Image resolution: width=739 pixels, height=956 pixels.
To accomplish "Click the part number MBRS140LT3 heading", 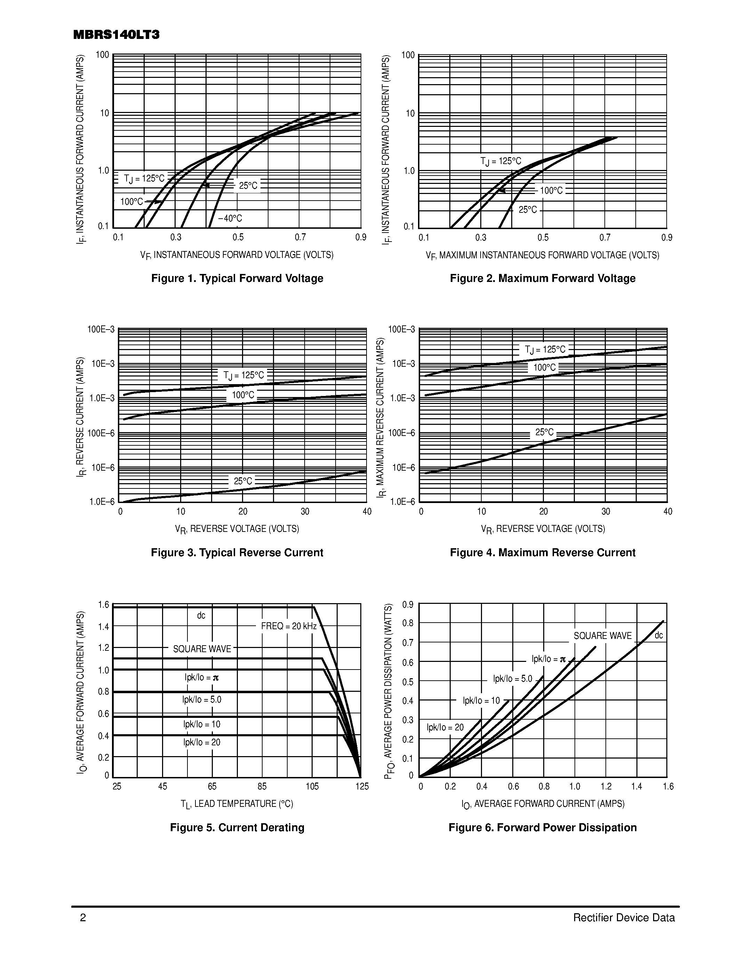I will pos(116,35).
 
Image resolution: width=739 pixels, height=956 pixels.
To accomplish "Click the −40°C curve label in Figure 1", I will pos(230,218).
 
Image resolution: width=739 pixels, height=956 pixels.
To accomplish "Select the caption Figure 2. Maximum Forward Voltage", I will pos(543,278).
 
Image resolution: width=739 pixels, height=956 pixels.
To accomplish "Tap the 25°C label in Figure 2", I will pos(528,210).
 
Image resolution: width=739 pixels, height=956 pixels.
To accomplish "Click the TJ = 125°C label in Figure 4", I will pos(545,349).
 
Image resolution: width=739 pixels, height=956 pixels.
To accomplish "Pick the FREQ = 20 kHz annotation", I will pos(289,626).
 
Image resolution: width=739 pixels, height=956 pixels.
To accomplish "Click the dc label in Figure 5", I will pos(201,615).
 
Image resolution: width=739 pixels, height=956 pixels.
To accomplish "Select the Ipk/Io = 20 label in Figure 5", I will pos(202,742).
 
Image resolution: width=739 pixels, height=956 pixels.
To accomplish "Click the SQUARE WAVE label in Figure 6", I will pos(602,635).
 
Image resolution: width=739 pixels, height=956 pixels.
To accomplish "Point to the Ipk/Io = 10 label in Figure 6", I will pos(481,700).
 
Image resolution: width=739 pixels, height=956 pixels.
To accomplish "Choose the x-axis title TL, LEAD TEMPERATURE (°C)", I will pos(237,804).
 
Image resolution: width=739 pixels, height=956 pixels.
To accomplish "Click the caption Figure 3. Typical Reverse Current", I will pos(237,552).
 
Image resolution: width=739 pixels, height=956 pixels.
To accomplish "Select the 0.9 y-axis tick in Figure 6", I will pos(408,605).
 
